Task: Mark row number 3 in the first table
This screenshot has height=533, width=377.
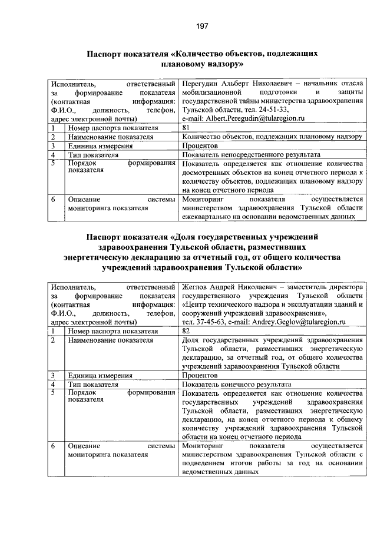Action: point(53,145)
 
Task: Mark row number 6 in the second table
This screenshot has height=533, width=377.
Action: point(53,446)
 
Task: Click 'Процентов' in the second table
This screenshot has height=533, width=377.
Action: point(200,375)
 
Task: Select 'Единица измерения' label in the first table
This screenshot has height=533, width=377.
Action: point(98,145)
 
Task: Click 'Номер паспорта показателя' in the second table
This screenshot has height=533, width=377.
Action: point(113,331)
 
